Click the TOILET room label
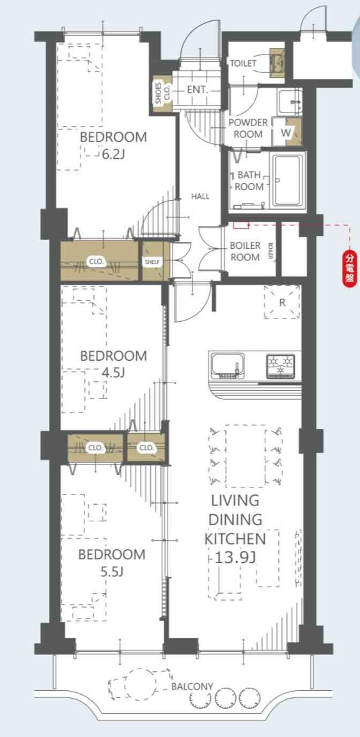click(x=243, y=63)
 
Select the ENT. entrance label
click(x=198, y=90)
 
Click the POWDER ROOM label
click(x=247, y=129)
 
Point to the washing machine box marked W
click(x=286, y=132)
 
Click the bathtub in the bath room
click(x=288, y=180)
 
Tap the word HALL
click(x=200, y=196)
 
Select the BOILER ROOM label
click(x=245, y=251)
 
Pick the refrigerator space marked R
click(x=282, y=302)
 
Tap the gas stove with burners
click(x=281, y=365)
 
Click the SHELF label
click(x=152, y=262)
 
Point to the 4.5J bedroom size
click(x=113, y=372)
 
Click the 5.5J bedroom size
click(x=111, y=571)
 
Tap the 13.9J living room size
click(x=235, y=557)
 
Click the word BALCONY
click(x=192, y=686)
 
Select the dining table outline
click(x=246, y=456)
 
